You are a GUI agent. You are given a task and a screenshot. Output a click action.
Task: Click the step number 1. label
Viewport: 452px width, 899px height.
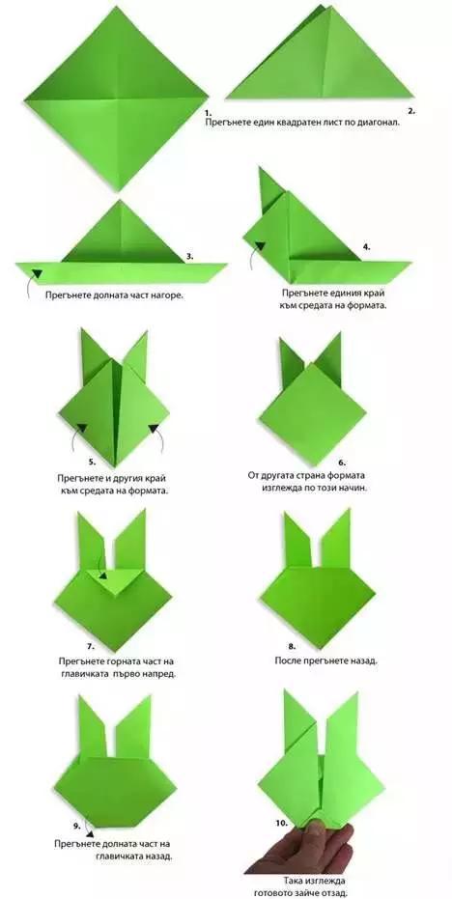[209, 113]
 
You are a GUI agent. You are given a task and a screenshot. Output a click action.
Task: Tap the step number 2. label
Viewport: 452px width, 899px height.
[411, 111]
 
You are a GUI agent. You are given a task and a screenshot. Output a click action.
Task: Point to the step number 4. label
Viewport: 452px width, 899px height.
[367, 247]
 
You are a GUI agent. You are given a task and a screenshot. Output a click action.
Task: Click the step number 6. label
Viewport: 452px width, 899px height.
[343, 462]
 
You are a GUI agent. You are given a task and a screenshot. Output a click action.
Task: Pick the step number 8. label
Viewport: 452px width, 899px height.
[292, 646]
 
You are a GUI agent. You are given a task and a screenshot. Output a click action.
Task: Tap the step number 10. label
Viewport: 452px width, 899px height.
[281, 823]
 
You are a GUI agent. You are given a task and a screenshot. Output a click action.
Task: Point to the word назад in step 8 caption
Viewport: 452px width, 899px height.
[362, 661]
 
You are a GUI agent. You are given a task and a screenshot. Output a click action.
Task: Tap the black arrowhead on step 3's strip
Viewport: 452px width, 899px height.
[38, 274]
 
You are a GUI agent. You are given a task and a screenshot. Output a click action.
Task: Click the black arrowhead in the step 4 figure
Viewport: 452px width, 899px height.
[260, 246]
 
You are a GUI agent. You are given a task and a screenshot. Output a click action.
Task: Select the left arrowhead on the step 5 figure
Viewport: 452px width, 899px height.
[81, 428]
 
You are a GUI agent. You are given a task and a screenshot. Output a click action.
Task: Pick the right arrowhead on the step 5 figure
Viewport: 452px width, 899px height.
[154, 428]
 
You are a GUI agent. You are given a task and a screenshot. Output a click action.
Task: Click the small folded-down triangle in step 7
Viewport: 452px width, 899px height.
[112, 579]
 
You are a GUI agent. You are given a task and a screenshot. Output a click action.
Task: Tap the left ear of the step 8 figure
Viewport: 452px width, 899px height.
[298, 539]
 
